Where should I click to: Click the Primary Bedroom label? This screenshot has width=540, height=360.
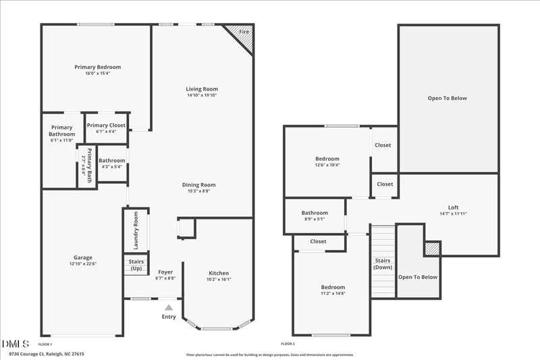[97, 67]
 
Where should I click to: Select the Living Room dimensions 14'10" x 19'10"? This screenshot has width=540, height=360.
[202, 95]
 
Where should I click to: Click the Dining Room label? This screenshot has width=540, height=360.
[198, 184]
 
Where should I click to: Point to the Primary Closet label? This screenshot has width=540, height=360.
[106, 125]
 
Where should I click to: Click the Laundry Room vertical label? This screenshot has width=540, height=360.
[136, 229]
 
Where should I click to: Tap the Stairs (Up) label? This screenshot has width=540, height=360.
[136, 264]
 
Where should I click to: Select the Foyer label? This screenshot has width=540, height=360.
[165, 273]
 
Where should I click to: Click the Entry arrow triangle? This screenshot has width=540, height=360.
[169, 307]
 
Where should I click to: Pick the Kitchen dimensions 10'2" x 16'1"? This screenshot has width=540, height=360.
[219, 279]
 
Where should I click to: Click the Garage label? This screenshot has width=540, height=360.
[83, 257]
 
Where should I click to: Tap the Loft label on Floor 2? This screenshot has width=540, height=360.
[453, 207]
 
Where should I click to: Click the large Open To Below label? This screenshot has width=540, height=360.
[447, 98]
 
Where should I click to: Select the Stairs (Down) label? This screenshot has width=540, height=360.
[383, 263]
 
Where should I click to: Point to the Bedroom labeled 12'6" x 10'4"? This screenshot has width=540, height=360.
[327, 159]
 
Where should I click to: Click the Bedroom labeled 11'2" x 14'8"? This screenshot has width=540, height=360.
[332, 287]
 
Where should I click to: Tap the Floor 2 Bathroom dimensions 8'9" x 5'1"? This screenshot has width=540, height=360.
[315, 219]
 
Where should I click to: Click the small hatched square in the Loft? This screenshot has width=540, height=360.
[432, 249]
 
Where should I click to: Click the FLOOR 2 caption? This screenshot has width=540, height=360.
[288, 344]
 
